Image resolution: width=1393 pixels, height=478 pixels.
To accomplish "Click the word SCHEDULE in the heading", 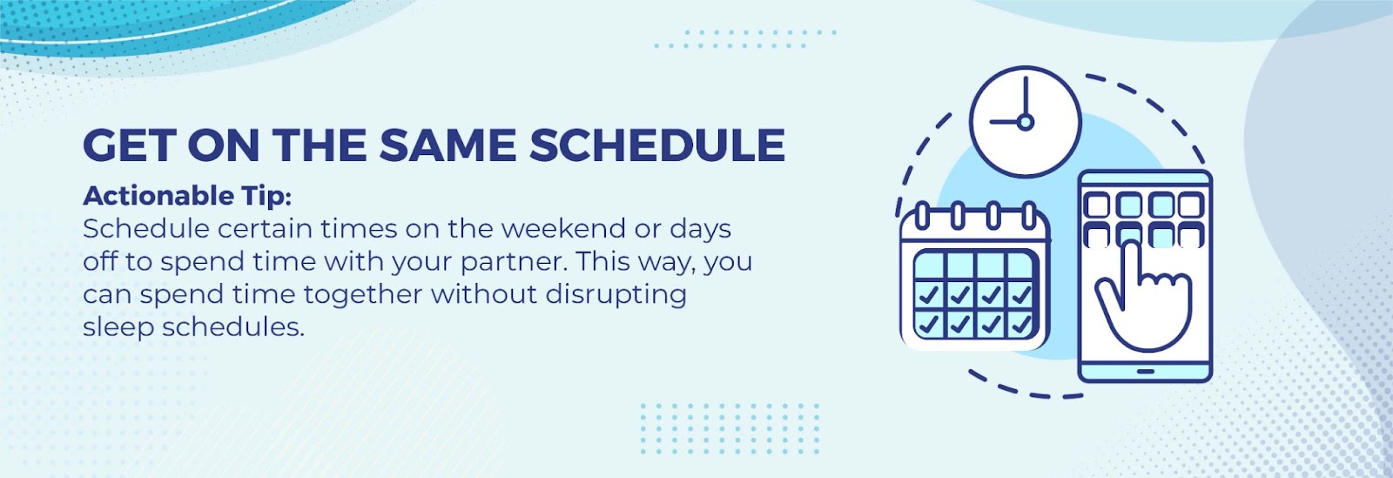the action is click(x=657, y=145).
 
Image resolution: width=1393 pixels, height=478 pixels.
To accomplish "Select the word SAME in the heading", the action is click(x=448, y=145).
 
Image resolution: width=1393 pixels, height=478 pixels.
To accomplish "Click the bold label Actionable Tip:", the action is click(x=187, y=196).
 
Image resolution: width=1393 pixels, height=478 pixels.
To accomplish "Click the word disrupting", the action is click(x=616, y=294).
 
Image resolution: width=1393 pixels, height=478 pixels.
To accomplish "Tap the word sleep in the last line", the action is click(x=118, y=327).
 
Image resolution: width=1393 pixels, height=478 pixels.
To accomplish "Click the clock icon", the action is click(x=1026, y=122).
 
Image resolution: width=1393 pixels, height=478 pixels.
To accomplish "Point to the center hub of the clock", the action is click(x=1026, y=122).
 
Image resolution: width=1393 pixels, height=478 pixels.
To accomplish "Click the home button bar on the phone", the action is click(x=1145, y=372).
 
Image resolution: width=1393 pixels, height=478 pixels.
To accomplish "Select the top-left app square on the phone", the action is click(x=1096, y=205).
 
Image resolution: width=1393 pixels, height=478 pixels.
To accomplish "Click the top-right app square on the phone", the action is click(x=1191, y=205).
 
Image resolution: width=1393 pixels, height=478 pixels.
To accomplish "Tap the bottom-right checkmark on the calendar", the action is click(x=1021, y=324).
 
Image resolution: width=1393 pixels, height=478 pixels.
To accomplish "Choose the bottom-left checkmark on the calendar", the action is click(x=928, y=324).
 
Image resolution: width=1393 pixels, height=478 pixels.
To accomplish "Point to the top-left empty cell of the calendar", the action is click(x=930, y=266).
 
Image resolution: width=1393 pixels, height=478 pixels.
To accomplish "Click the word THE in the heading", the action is click(x=320, y=145).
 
